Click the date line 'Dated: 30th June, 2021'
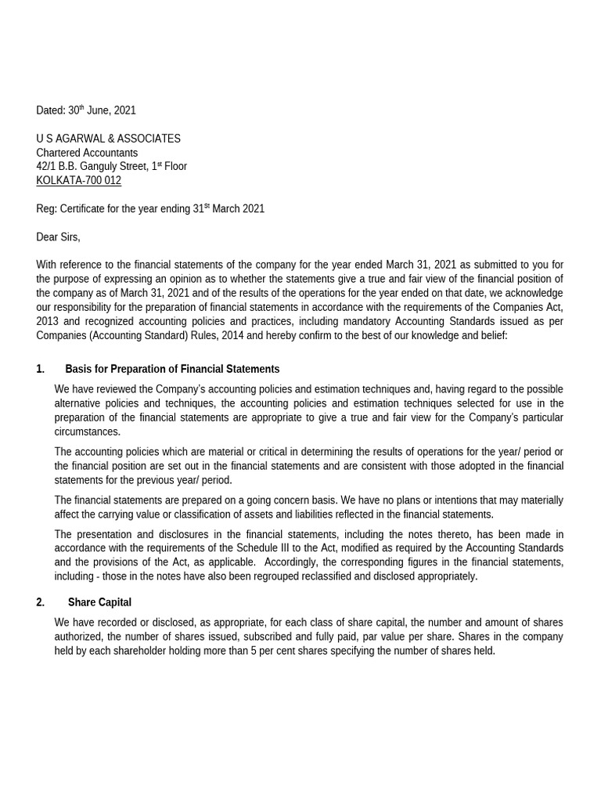86,110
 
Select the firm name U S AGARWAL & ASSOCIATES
108,139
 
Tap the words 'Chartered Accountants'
87,153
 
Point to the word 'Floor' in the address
175,167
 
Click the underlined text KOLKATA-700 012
78,181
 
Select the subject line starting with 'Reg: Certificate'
150,209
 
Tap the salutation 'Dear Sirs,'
58,237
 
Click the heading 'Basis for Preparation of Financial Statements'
172,369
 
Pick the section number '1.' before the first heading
41,369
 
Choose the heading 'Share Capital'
99,602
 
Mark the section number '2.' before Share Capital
41,602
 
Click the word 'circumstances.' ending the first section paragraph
88,432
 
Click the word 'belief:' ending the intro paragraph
491,336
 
